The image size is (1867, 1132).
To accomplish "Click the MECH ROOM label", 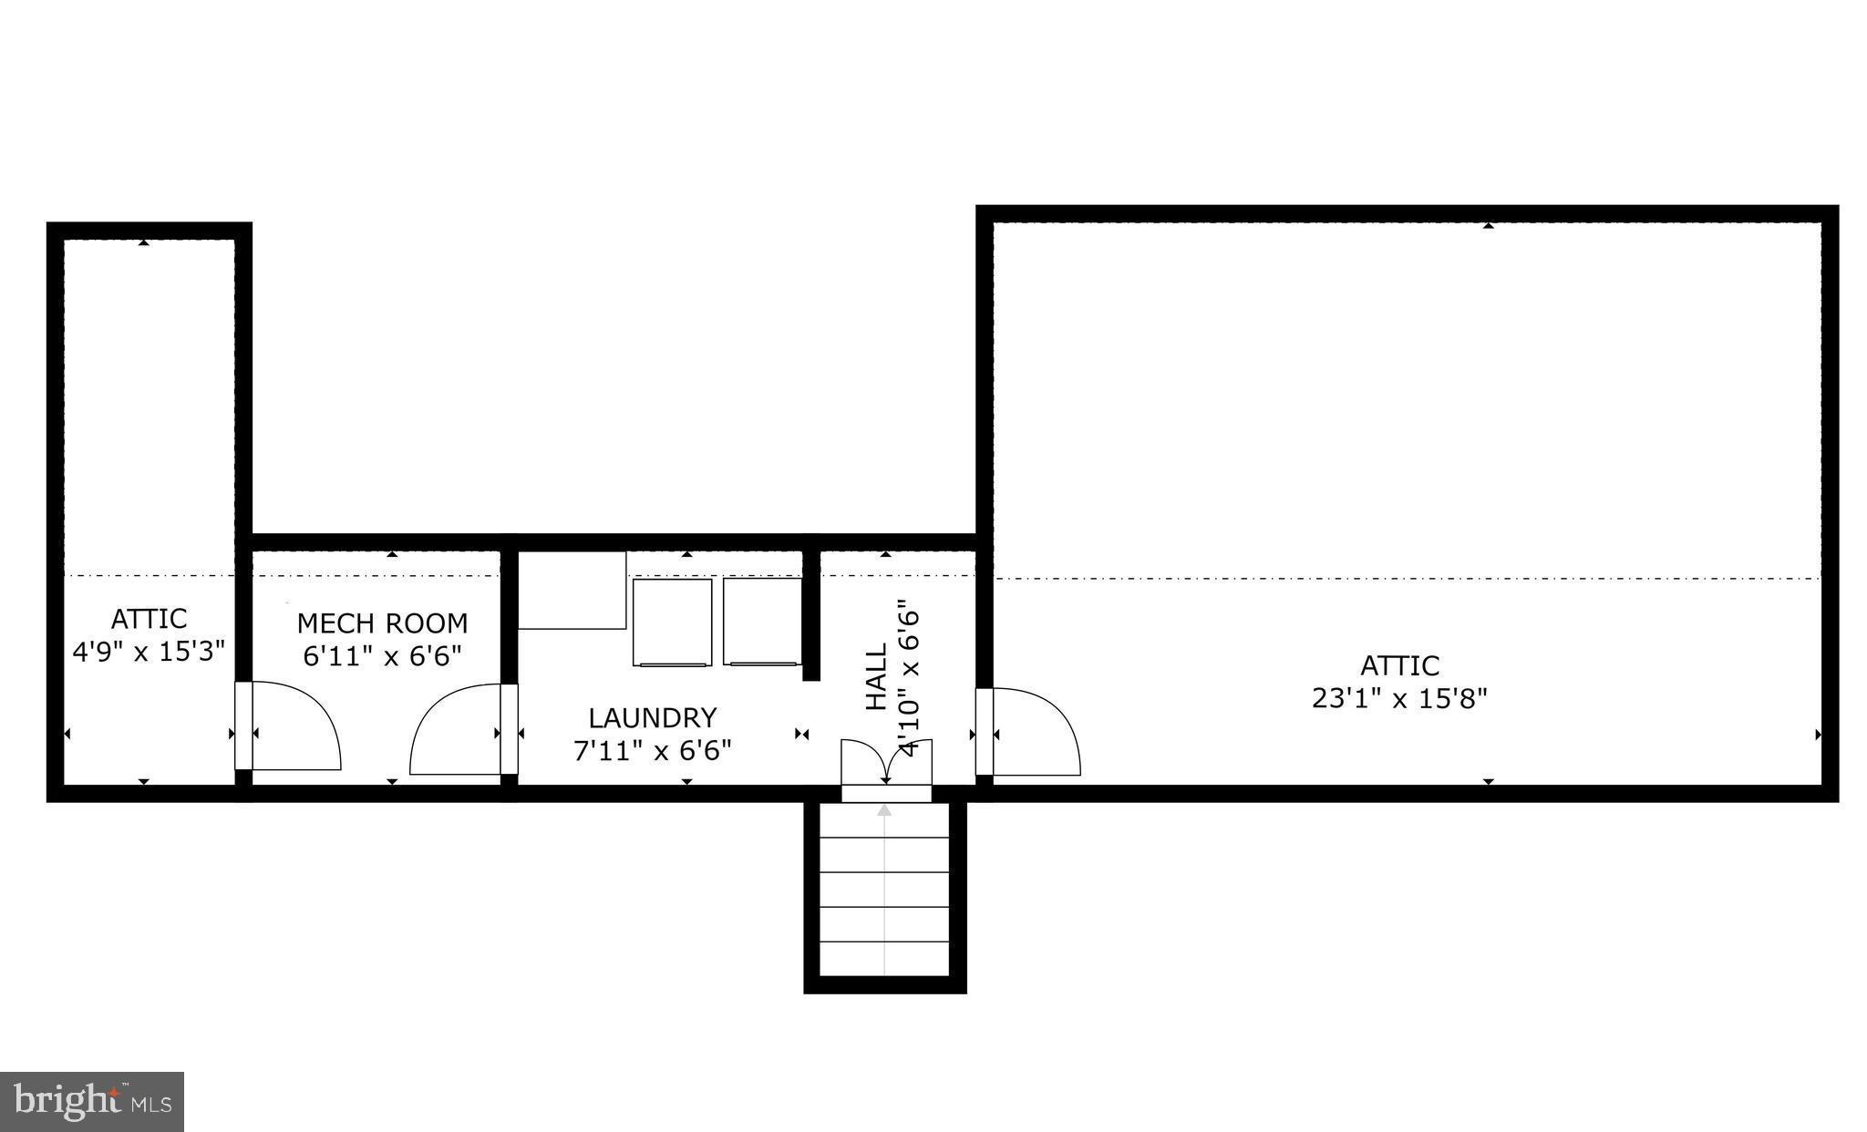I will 382,623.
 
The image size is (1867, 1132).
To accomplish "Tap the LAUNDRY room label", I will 652,717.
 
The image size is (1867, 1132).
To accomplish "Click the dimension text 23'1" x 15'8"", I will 1399,698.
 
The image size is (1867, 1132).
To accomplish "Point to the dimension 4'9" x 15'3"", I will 149,652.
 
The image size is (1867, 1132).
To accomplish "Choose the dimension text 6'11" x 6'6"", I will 382,655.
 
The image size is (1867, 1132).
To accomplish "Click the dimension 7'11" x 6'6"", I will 652,750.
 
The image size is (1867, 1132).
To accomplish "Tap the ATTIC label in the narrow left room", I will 149,619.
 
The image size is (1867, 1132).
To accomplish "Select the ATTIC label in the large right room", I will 1399,664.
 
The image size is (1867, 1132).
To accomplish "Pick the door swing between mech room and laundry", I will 456,731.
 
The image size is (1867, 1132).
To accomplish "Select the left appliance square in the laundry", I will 672,622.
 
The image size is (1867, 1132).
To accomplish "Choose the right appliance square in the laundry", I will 762,622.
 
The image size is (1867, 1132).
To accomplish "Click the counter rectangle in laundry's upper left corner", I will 572,591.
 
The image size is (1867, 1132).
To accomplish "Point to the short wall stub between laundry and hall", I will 810,615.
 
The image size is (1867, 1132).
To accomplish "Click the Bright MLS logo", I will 92,1101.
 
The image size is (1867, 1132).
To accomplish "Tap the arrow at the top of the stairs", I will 884,809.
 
